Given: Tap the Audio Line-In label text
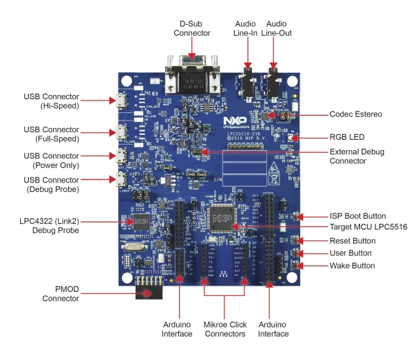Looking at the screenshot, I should coord(246,27).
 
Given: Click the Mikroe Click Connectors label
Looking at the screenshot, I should coord(226,328).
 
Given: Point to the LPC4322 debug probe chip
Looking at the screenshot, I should coord(140,222).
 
